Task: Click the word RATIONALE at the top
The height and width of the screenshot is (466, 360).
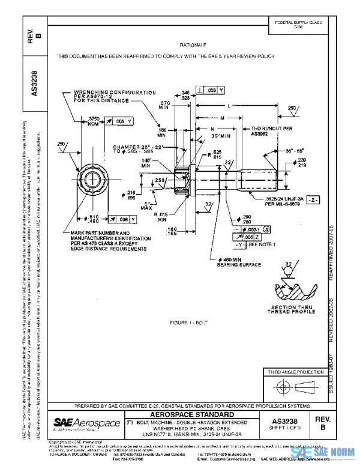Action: click(193, 45)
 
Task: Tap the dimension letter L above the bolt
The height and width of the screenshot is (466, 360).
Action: click(230, 106)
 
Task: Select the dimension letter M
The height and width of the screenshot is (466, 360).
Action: click(222, 118)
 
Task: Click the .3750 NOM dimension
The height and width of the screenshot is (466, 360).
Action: click(94, 121)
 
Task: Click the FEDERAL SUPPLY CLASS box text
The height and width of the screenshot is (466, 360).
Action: click(298, 24)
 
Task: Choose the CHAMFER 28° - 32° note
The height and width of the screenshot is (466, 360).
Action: click(135, 149)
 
